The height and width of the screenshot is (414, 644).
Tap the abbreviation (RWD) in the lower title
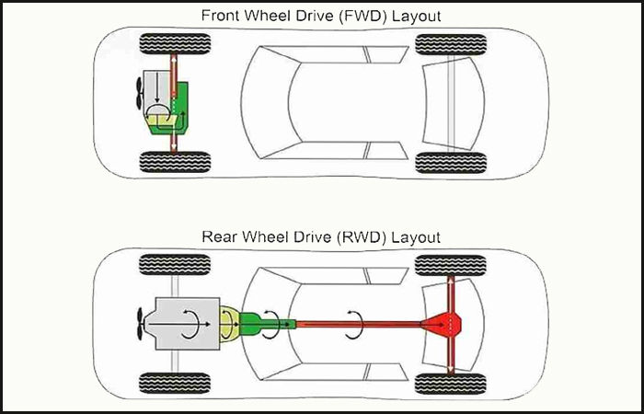(362, 237)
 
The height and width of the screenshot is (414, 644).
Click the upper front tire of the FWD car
(175, 43)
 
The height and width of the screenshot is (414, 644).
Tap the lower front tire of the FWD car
(175, 163)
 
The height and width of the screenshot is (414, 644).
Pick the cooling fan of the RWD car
(135, 324)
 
